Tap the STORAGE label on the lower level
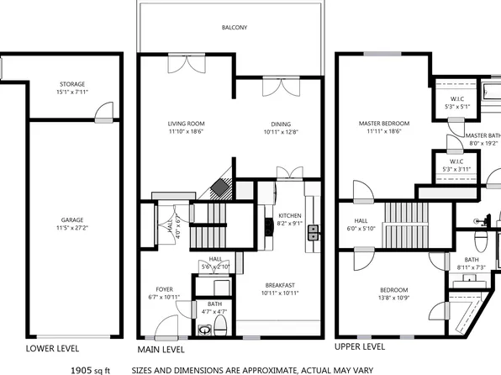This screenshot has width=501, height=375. tap(71, 85)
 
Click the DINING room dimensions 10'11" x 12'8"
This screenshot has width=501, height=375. tap(280, 132)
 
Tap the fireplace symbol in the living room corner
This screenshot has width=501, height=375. tap(220, 187)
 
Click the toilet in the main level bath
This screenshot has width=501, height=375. tap(221, 325)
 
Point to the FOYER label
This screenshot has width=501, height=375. tap(165, 289)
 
